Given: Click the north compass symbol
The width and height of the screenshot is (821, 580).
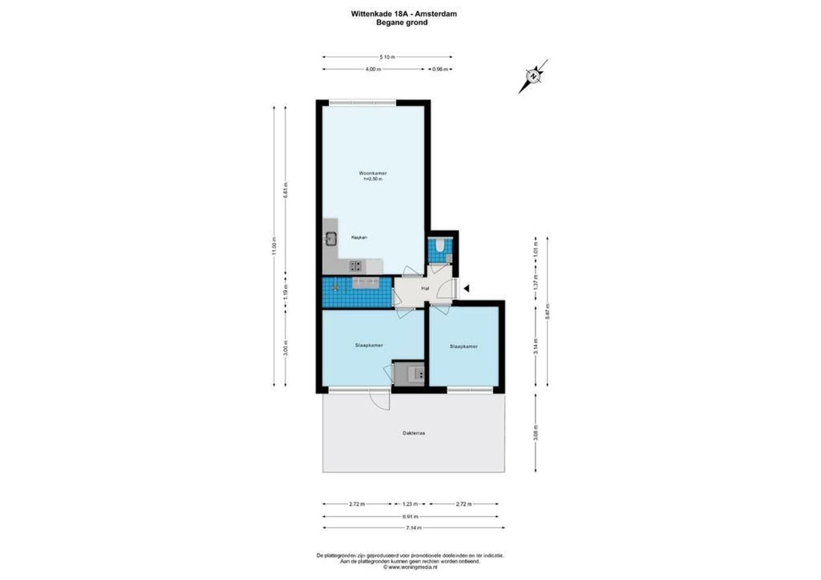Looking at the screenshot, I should [x=533, y=76].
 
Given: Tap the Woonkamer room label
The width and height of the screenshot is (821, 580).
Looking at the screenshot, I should [x=373, y=173].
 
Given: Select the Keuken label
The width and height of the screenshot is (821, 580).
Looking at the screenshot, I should [x=359, y=237].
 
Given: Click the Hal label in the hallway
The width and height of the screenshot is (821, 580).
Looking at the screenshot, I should [x=425, y=288].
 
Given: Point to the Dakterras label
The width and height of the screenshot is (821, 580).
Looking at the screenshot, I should [x=414, y=433].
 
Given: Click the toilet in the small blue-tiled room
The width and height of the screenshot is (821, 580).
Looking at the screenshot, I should [x=440, y=246].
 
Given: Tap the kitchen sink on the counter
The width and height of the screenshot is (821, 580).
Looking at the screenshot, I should [x=330, y=238].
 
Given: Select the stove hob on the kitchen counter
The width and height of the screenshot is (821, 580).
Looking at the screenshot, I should [x=355, y=265].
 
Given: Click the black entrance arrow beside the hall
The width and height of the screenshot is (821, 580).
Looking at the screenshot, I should [x=466, y=288].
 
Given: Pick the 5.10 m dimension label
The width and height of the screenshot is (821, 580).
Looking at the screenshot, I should [x=387, y=57].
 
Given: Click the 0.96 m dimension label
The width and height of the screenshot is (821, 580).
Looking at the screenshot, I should [x=440, y=69].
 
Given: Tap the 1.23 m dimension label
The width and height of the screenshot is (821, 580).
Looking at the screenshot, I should [x=410, y=504].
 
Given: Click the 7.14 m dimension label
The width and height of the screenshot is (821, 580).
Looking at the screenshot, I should [x=413, y=528].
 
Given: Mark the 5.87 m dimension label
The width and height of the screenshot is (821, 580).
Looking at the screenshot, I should [x=548, y=311].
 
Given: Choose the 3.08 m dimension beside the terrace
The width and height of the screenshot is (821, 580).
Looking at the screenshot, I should [x=536, y=433].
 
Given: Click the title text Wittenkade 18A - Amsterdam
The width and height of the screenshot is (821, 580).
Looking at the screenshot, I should [x=404, y=14].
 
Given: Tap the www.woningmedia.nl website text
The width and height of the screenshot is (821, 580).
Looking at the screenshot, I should [x=410, y=567].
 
